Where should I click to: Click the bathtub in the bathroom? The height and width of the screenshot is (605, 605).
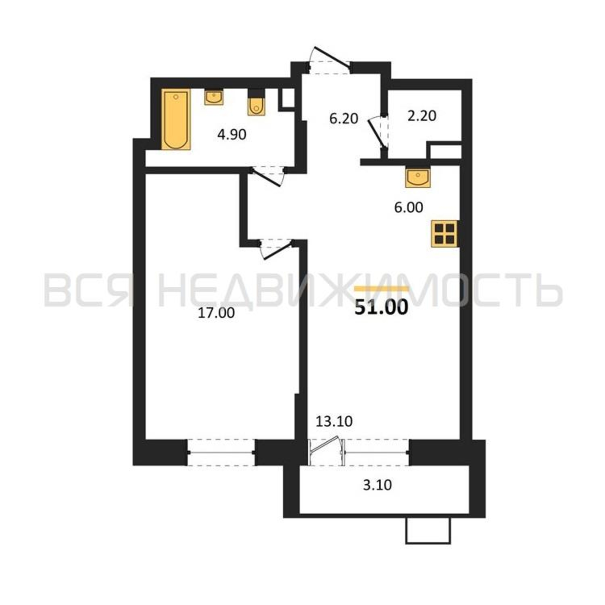[176, 119]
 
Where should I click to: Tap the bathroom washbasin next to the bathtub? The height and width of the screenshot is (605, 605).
[214, 97]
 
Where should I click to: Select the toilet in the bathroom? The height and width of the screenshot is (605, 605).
[256, 103]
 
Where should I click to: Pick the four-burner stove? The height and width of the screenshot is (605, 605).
[445, 234]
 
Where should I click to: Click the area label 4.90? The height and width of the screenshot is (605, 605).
[232, 135]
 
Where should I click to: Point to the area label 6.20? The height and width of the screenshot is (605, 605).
[344, 119]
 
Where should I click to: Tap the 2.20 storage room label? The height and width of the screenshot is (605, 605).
[422, 116]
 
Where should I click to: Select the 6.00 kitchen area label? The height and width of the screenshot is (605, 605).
[408, 207]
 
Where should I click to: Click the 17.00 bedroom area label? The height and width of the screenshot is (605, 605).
[216, 313]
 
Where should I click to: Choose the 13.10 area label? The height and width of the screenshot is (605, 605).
[334, 422]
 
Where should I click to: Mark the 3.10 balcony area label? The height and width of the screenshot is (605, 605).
[377, 486]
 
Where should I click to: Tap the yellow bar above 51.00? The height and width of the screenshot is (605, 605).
[381, 289]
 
